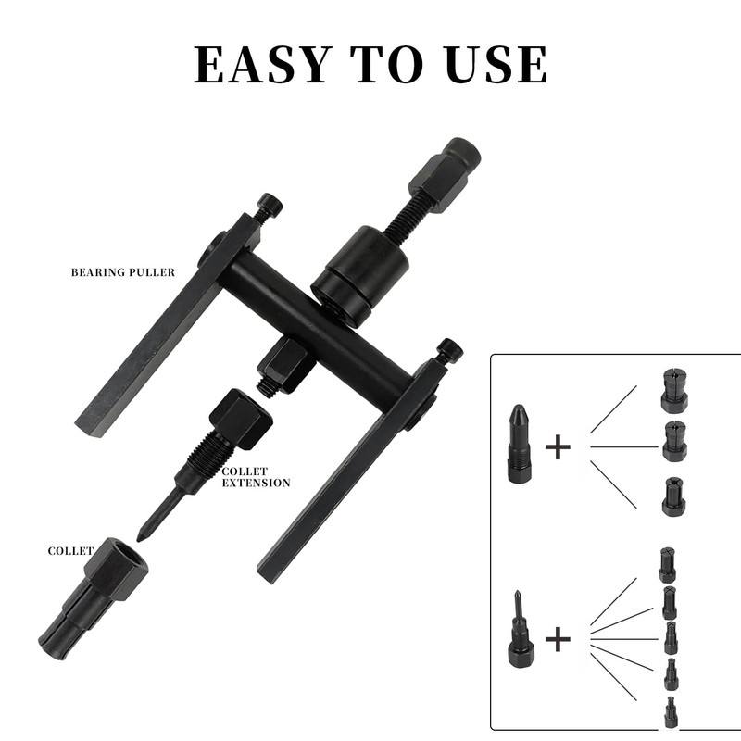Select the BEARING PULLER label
122,273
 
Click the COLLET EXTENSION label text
257,477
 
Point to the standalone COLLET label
71,551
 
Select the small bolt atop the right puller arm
449,353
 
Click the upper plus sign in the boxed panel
558,447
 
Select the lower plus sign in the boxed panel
558,638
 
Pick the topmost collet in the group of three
674,390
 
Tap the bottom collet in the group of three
674,496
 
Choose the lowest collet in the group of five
670,713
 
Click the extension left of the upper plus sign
518,442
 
